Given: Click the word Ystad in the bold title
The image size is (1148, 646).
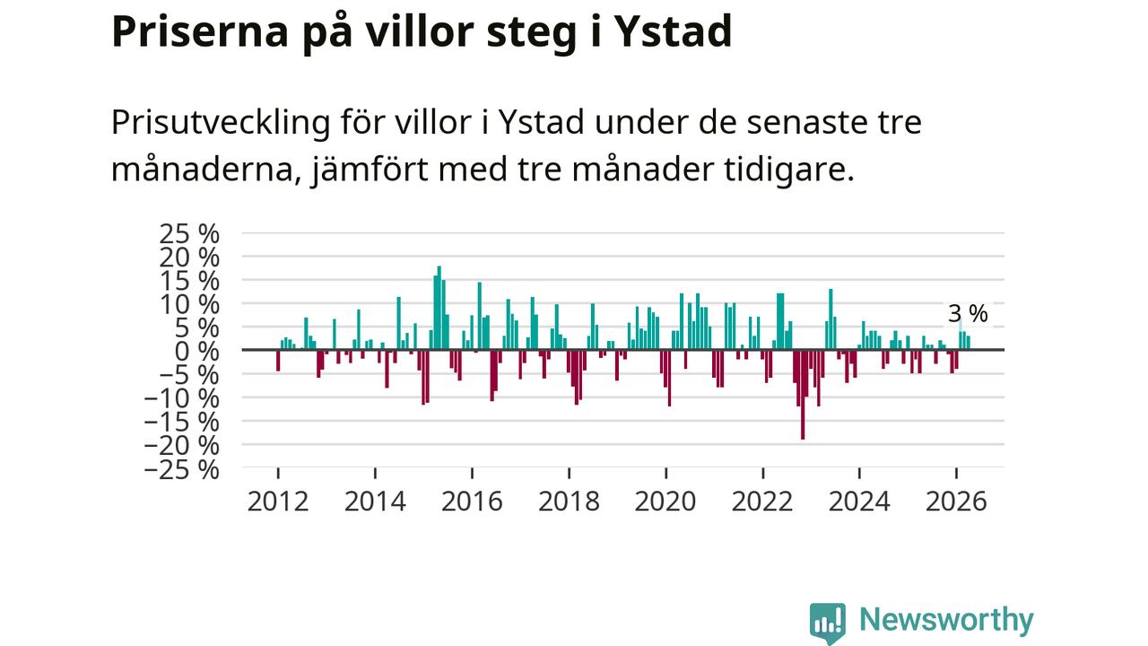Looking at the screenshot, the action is [x=673, y=32].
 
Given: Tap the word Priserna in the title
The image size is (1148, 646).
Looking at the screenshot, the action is [x=200, y=32].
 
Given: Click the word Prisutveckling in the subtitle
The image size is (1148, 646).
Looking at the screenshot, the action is [x=221, y=123].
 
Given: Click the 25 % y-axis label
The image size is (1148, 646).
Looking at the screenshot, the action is [x=189, y=234].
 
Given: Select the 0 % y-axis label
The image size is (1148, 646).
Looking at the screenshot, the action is [x=196, y=352].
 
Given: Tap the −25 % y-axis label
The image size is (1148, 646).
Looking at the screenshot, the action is [x=182, y=469].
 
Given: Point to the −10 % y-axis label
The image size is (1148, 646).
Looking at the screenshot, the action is [x=182, y=399].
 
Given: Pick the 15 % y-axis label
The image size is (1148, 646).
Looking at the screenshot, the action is [x=189, y=282].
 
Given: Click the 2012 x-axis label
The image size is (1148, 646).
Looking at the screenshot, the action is [x=278, y=502].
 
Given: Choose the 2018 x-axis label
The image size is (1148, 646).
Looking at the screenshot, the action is [x=569, y=502].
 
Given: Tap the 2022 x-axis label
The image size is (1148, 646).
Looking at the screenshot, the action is [x=762, y=502].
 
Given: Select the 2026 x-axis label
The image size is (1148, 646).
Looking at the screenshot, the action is [x=956, y=502].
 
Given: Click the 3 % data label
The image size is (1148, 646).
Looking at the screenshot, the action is [x=968, y=314].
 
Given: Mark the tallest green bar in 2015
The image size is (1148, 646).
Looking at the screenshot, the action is [x=439, y=308].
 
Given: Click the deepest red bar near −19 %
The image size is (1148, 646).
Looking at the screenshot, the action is [x=803, y=394].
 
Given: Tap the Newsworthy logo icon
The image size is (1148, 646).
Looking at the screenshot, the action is [x=828, y=623].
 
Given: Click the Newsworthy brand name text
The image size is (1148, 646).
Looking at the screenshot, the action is [x=946, y=620].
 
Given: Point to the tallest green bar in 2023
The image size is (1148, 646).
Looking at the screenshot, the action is [x=831, y=319].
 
